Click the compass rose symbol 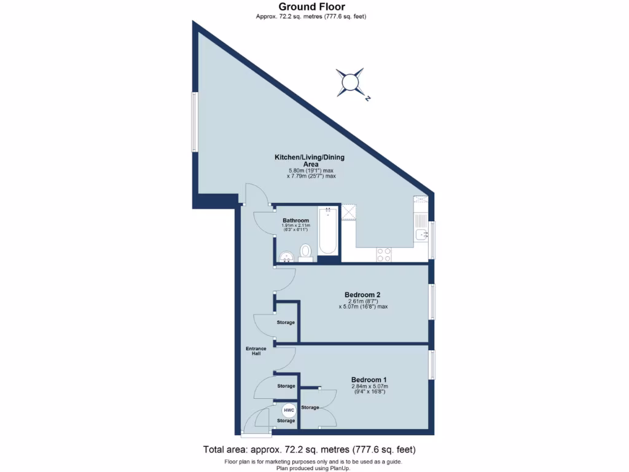[x=350, y=82]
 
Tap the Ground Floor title [x=311, y=7]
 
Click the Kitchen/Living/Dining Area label [x=310, y=161]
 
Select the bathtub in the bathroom [x=327, y=231]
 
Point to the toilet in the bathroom [x=305, y=252]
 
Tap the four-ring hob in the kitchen [x=384, y=254]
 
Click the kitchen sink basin [x=421, y=234]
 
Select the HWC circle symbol [x=289, y=410]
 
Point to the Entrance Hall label [x=256, y=352]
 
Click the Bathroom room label [x=295, y=221]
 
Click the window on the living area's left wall [x=193, y=122]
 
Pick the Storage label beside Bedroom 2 [x=286, y=323]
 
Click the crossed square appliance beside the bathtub [x=350, y=211]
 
